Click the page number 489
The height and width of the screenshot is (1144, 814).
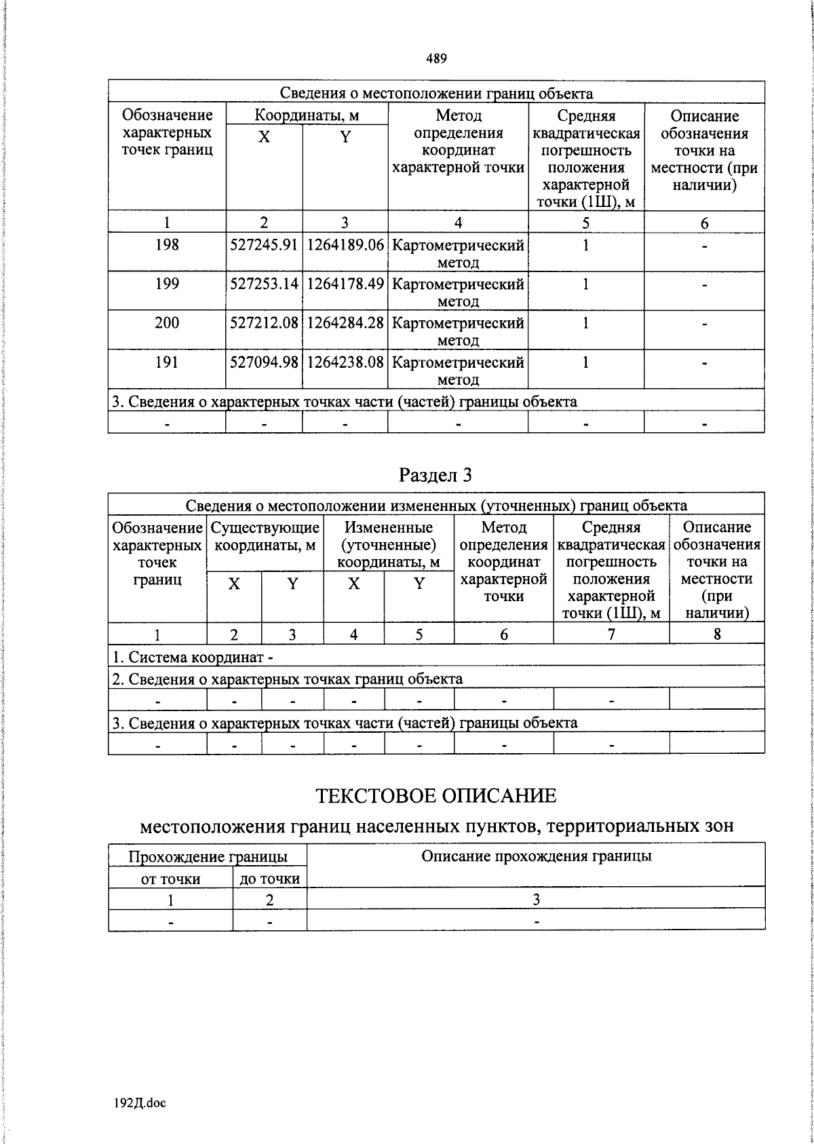point(436,58)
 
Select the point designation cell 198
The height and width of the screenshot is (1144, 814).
point(167,245)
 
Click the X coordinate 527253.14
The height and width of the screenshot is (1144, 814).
point(264,284)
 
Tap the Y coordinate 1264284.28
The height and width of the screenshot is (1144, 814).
point(345,323)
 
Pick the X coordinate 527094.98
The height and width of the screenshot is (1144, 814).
point(264,362)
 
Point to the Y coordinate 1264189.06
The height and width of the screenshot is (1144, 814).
point(345,245)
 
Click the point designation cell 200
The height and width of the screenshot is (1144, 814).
point(167,323)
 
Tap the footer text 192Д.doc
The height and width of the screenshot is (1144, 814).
point(140,1103)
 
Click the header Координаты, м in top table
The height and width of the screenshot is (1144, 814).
point(307,115)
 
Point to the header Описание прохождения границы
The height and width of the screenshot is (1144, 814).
point(536,856)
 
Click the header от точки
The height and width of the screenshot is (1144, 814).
point(170,879)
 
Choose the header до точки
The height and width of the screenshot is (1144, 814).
point(269,879)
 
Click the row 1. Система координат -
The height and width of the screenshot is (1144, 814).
point(193,657)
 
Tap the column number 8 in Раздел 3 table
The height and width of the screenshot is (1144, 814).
point(716,634)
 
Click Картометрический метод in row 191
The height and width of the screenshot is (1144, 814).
point(458,370)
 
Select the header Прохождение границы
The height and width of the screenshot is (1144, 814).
point(208,857)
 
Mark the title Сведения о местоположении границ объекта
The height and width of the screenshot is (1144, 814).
point(436,94)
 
